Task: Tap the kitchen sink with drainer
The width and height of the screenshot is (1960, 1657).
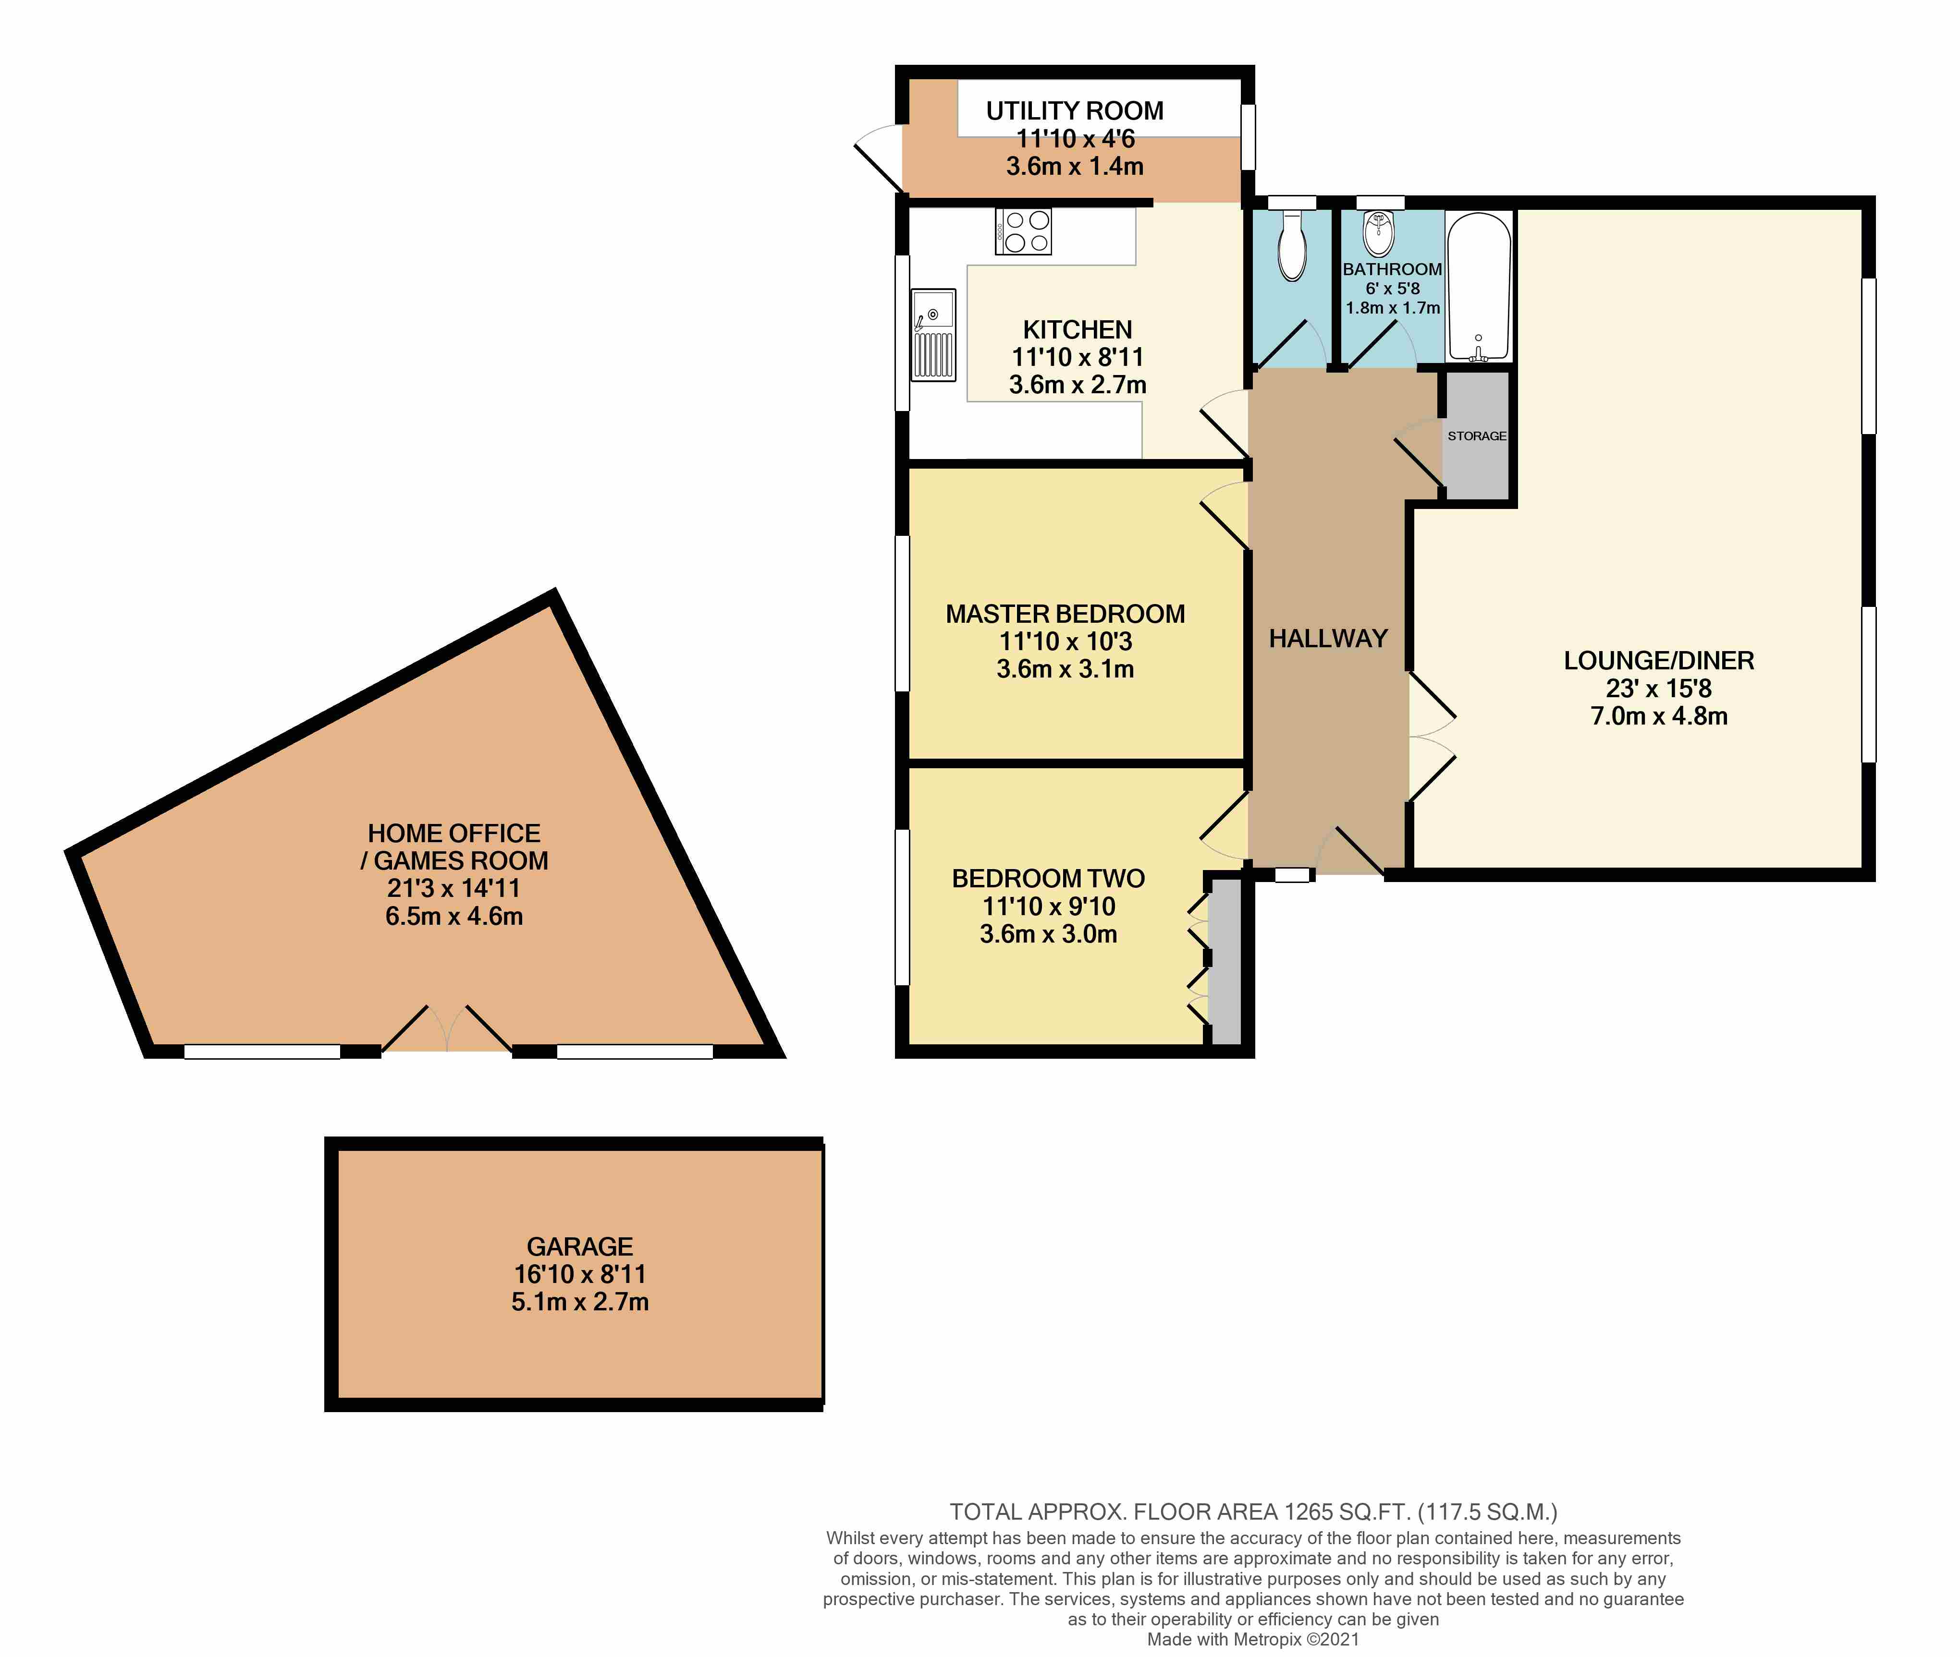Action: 933,335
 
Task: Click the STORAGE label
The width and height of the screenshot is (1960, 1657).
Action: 1476,436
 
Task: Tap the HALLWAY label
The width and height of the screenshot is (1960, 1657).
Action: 1328,639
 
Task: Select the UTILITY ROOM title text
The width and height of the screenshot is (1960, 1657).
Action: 1074,111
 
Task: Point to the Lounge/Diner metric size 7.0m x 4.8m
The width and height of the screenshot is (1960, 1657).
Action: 1658,716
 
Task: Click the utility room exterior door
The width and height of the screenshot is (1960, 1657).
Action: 879,164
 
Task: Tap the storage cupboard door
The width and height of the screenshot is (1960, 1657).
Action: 1419,460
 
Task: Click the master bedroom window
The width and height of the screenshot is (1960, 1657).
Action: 902,613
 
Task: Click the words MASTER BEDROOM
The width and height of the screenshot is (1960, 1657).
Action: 1065,614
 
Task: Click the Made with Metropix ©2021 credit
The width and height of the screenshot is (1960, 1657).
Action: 1252,1639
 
